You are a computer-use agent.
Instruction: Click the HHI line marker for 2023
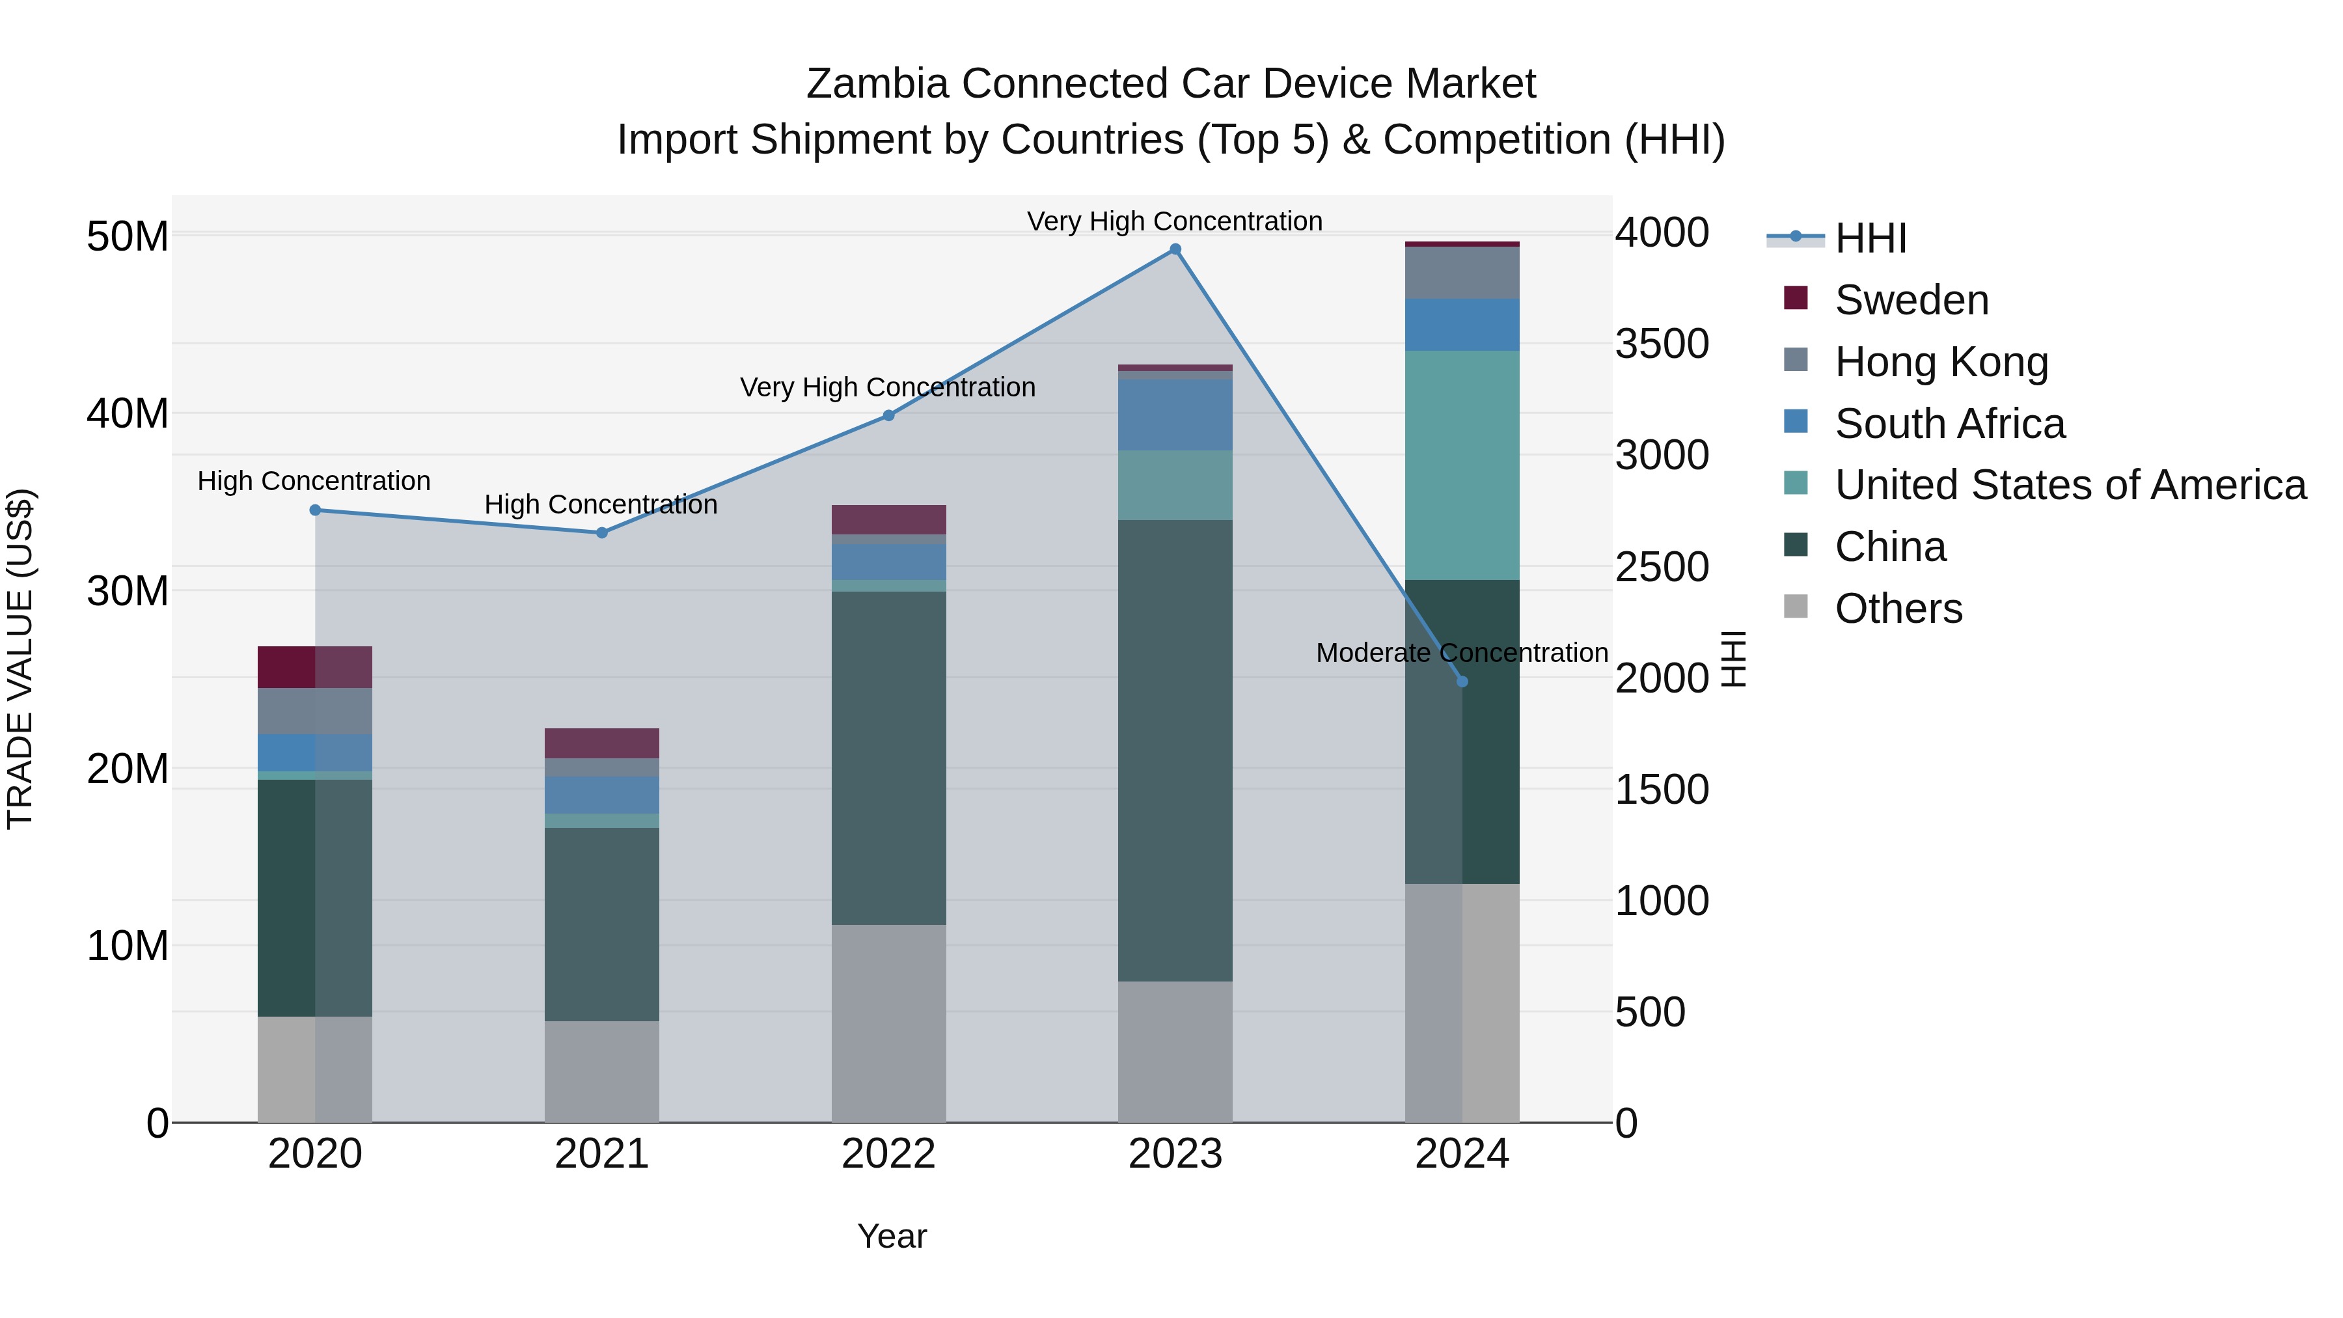(x=1175, y=249)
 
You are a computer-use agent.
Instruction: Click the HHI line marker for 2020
(x=316, y=510)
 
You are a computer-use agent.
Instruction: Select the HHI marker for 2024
(x=1462, y=681)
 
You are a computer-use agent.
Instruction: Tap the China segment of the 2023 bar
(x=1175, y=750)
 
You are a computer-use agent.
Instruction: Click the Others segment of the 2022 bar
(x=888, y=1023)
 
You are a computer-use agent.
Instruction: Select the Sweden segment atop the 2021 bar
(x=602, y=743)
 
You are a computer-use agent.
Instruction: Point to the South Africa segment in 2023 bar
(x=1175, y=415)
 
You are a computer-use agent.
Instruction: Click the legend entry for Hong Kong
(x=1941, y=362)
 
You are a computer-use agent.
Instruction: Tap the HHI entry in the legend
(x=1870, y=238)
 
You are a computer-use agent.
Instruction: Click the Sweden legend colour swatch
(x=1796, y=297)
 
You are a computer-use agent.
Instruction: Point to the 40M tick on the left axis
(x=128, y=414)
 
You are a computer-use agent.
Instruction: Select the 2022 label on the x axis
(x=888, y=1154)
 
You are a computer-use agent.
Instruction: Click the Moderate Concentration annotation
(x=1462, y=653)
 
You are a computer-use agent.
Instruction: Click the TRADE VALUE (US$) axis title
(x=20, y=659)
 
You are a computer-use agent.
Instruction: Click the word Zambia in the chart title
(x=877, y=84)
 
